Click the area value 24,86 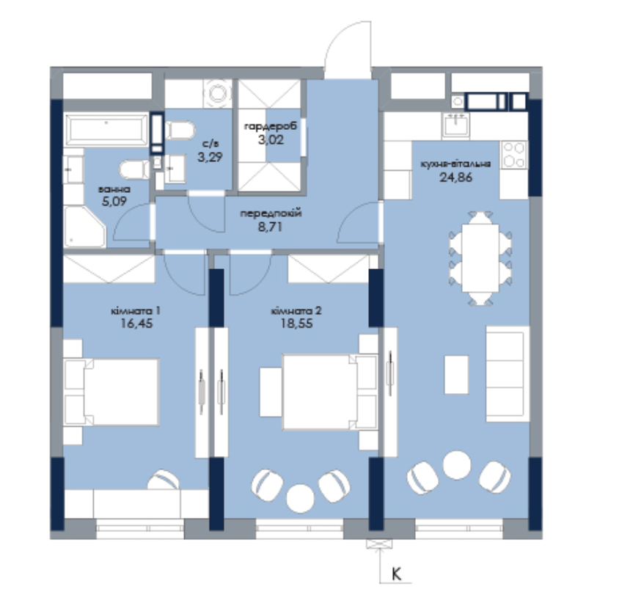pos(455,178)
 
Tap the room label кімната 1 pos(136,311)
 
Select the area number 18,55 pos(296,323)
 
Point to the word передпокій pos(271,213)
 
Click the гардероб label pos(271,127)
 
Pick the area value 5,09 pos(114,201)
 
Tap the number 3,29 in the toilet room pos(210,157)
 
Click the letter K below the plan pos(397,574)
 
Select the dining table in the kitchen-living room pos(480,257)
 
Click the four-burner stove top pos(514,154)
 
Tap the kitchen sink pos(456,125)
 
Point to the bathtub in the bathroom pos(107,130)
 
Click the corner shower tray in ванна pos(84,227)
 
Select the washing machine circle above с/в pos(218,93)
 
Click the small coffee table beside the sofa pos(456,375)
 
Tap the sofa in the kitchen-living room pos(508,374)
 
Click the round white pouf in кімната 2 pos(300,498)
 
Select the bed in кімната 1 pos(111,392)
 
